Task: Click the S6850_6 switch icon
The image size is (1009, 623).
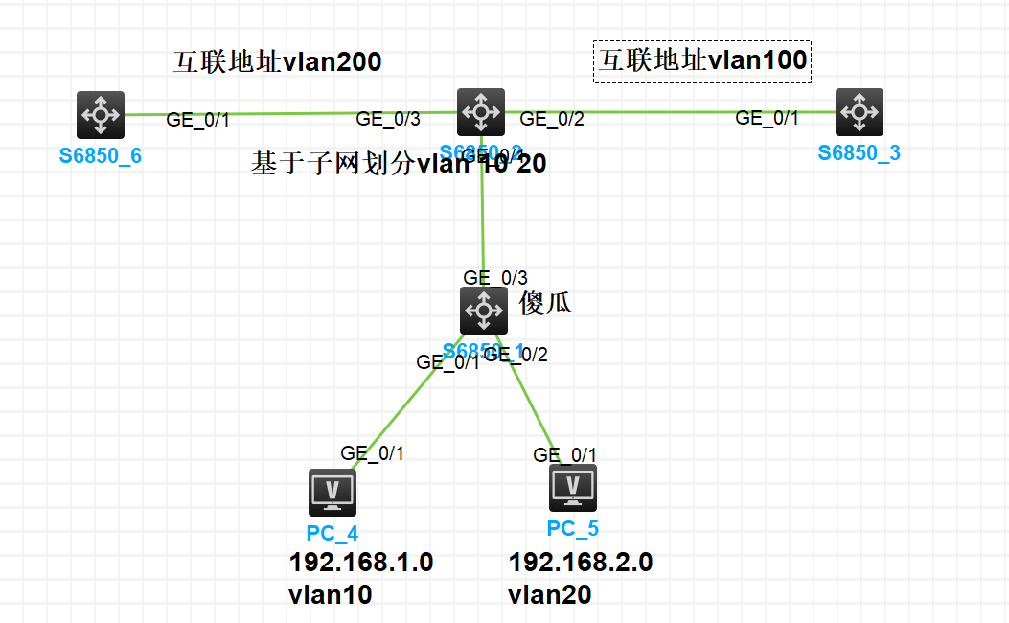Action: [x=100, y=115]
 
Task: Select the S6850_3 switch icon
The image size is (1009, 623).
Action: [x=859, y=112]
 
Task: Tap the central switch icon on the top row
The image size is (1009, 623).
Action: [x=480, y=112]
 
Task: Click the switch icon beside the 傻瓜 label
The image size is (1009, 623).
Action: [x=484, y=311]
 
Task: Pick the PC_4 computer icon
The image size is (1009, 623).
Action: [x=333, y=493]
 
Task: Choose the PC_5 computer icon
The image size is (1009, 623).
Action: [x=573, y=488]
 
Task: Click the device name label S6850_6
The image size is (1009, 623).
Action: [x=100, y=155]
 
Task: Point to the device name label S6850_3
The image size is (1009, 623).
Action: [x=859, y=152]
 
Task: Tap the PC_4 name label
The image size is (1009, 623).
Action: [x=333, y=533]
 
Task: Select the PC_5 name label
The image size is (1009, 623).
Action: [x=573, y=528]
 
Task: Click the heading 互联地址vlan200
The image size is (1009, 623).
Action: [x=277, y=62]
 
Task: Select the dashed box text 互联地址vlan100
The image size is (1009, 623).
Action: [x=702, y=61]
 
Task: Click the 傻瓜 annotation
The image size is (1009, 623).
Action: [x=545, y=304]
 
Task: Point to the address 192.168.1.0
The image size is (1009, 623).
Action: [x=361, y=562]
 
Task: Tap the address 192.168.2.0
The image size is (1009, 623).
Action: [x=581, y=562]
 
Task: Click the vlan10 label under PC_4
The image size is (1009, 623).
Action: [x=330, y=595]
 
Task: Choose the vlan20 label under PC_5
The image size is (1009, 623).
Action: [x=549, y=595]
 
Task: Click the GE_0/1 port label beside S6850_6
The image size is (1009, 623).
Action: [x=198, y=120]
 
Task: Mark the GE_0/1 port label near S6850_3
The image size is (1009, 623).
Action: [x=767, y=118]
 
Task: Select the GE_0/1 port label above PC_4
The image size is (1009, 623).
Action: [x=372, y=453]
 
